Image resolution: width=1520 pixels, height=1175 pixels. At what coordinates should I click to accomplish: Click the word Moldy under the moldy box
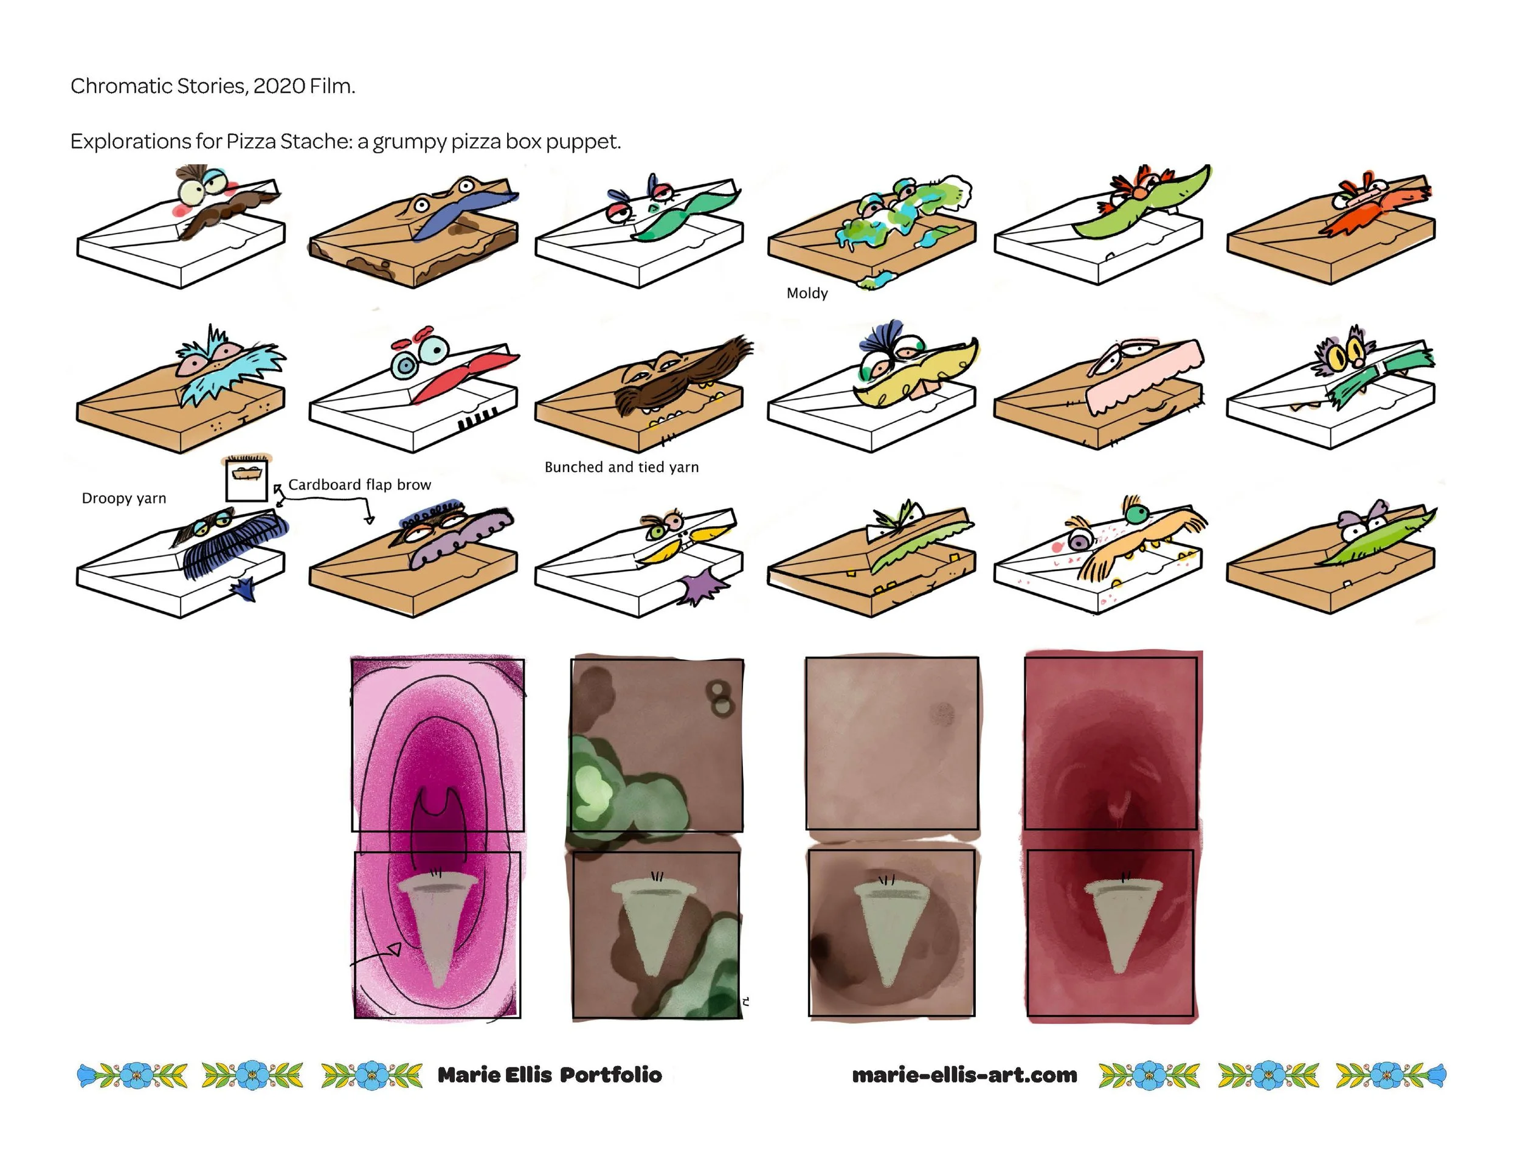(x=807, y=293)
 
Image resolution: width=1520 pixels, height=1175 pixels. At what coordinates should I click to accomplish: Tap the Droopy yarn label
(x=124, y=498)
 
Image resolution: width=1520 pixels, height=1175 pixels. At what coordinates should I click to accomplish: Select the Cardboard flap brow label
(x=359, y=485)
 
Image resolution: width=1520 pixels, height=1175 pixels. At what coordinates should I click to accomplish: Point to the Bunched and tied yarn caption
(x=621, y=467)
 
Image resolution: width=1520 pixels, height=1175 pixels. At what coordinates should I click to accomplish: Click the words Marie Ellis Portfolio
(x=549, y=1075)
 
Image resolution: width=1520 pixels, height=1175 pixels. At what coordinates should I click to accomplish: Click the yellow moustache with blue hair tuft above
(x=912, y=376)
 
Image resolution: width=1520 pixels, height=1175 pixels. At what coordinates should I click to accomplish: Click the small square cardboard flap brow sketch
(x=246, y=478)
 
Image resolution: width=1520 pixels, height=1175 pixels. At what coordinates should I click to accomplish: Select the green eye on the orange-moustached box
(x=1136, y=515)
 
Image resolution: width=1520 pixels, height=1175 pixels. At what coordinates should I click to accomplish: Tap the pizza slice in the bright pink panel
(x=437, y=926)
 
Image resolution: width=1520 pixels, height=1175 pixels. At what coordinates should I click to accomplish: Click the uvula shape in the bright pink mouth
(x=438, y=808)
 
